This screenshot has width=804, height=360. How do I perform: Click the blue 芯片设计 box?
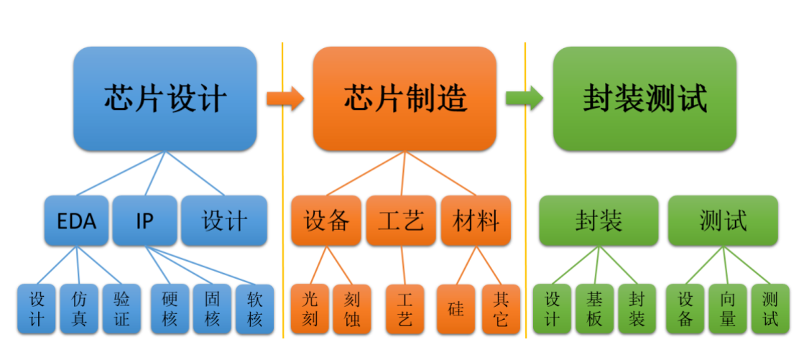pyautogui.click(x=165, y=98)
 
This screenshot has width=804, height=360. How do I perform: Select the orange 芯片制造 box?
pyautogui.click(x=405, y=98)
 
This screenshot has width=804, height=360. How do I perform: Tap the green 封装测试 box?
pyautogui.click(x=644, y=98)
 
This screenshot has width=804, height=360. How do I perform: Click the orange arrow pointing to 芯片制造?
pyautogui.click(x=285, y=98)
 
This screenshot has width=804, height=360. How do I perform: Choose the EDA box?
pyautogui.click(x=76, y=221)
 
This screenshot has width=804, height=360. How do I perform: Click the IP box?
pyautogui.click(x=144, y=221)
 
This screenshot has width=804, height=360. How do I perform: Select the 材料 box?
pyautogui.click(x=476, y=221)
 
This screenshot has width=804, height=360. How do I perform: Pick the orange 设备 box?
pyautogui.click(x=326, y=221)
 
